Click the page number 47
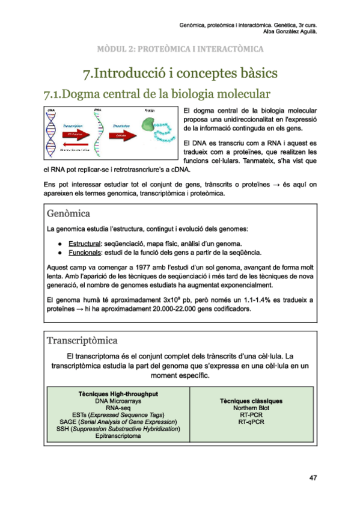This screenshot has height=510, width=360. tap(313, 478)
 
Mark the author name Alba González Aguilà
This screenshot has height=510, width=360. tap(290, 31)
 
